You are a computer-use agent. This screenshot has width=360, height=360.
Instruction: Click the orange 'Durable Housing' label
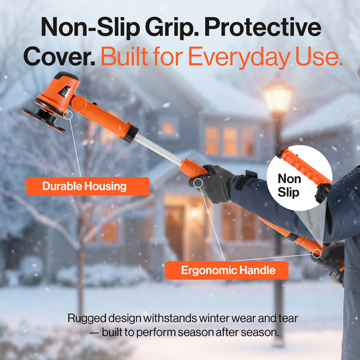tap(87, 186)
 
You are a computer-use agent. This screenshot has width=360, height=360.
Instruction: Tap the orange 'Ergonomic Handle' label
tap(226, 270)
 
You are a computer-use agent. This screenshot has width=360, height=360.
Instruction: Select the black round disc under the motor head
tap(44, 118)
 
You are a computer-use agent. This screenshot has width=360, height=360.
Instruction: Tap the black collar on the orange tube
tap(131, 134)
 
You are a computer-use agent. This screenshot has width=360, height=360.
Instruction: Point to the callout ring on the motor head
tap(68, 115)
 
